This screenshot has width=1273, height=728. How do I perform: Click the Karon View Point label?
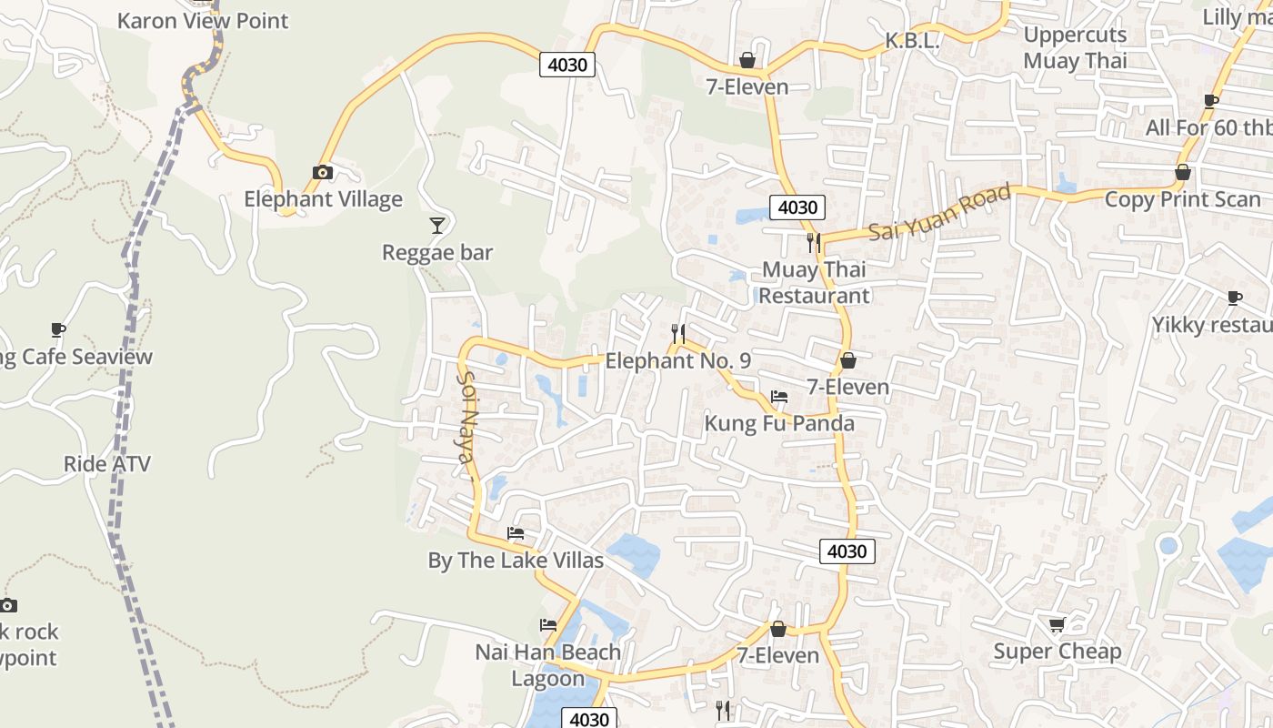203,20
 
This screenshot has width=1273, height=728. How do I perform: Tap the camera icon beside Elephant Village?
322,172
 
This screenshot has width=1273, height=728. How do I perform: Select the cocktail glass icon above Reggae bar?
437,225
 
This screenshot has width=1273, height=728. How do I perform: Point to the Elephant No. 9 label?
678,361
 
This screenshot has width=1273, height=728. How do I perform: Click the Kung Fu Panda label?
780,423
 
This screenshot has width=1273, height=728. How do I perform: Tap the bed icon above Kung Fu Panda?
779,397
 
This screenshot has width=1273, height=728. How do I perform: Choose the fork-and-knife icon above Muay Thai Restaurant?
814,242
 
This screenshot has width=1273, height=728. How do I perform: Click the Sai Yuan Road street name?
939,212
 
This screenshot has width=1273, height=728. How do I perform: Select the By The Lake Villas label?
516,560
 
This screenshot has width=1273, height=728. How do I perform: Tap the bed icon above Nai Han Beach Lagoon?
547,625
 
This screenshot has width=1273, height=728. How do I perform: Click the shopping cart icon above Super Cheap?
1057,625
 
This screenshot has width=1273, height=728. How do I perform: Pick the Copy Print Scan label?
1183,199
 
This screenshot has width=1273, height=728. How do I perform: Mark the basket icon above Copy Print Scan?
1183,172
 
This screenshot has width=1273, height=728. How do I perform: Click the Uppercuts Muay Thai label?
1075,47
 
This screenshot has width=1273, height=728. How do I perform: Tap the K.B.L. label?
912,41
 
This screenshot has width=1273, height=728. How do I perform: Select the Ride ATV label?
107,464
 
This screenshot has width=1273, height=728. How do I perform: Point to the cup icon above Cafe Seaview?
58,329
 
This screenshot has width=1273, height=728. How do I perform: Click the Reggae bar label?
437,252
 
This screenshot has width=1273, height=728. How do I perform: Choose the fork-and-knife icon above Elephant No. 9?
677,333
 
